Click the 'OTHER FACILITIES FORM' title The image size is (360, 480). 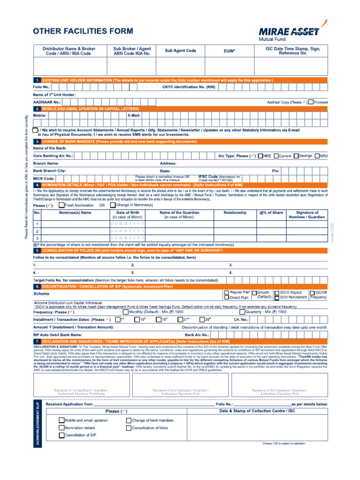82,31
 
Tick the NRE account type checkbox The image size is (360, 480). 260,156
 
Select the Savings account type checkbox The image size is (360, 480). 296,156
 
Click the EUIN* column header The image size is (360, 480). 228,51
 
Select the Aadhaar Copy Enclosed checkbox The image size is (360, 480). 311,102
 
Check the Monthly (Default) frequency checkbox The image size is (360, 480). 125,312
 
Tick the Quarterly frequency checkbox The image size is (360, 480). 242,312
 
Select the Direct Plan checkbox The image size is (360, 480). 227,298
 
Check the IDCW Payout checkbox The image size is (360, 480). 277,292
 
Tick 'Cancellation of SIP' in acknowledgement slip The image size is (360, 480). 61,435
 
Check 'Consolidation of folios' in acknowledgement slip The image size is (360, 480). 128,428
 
